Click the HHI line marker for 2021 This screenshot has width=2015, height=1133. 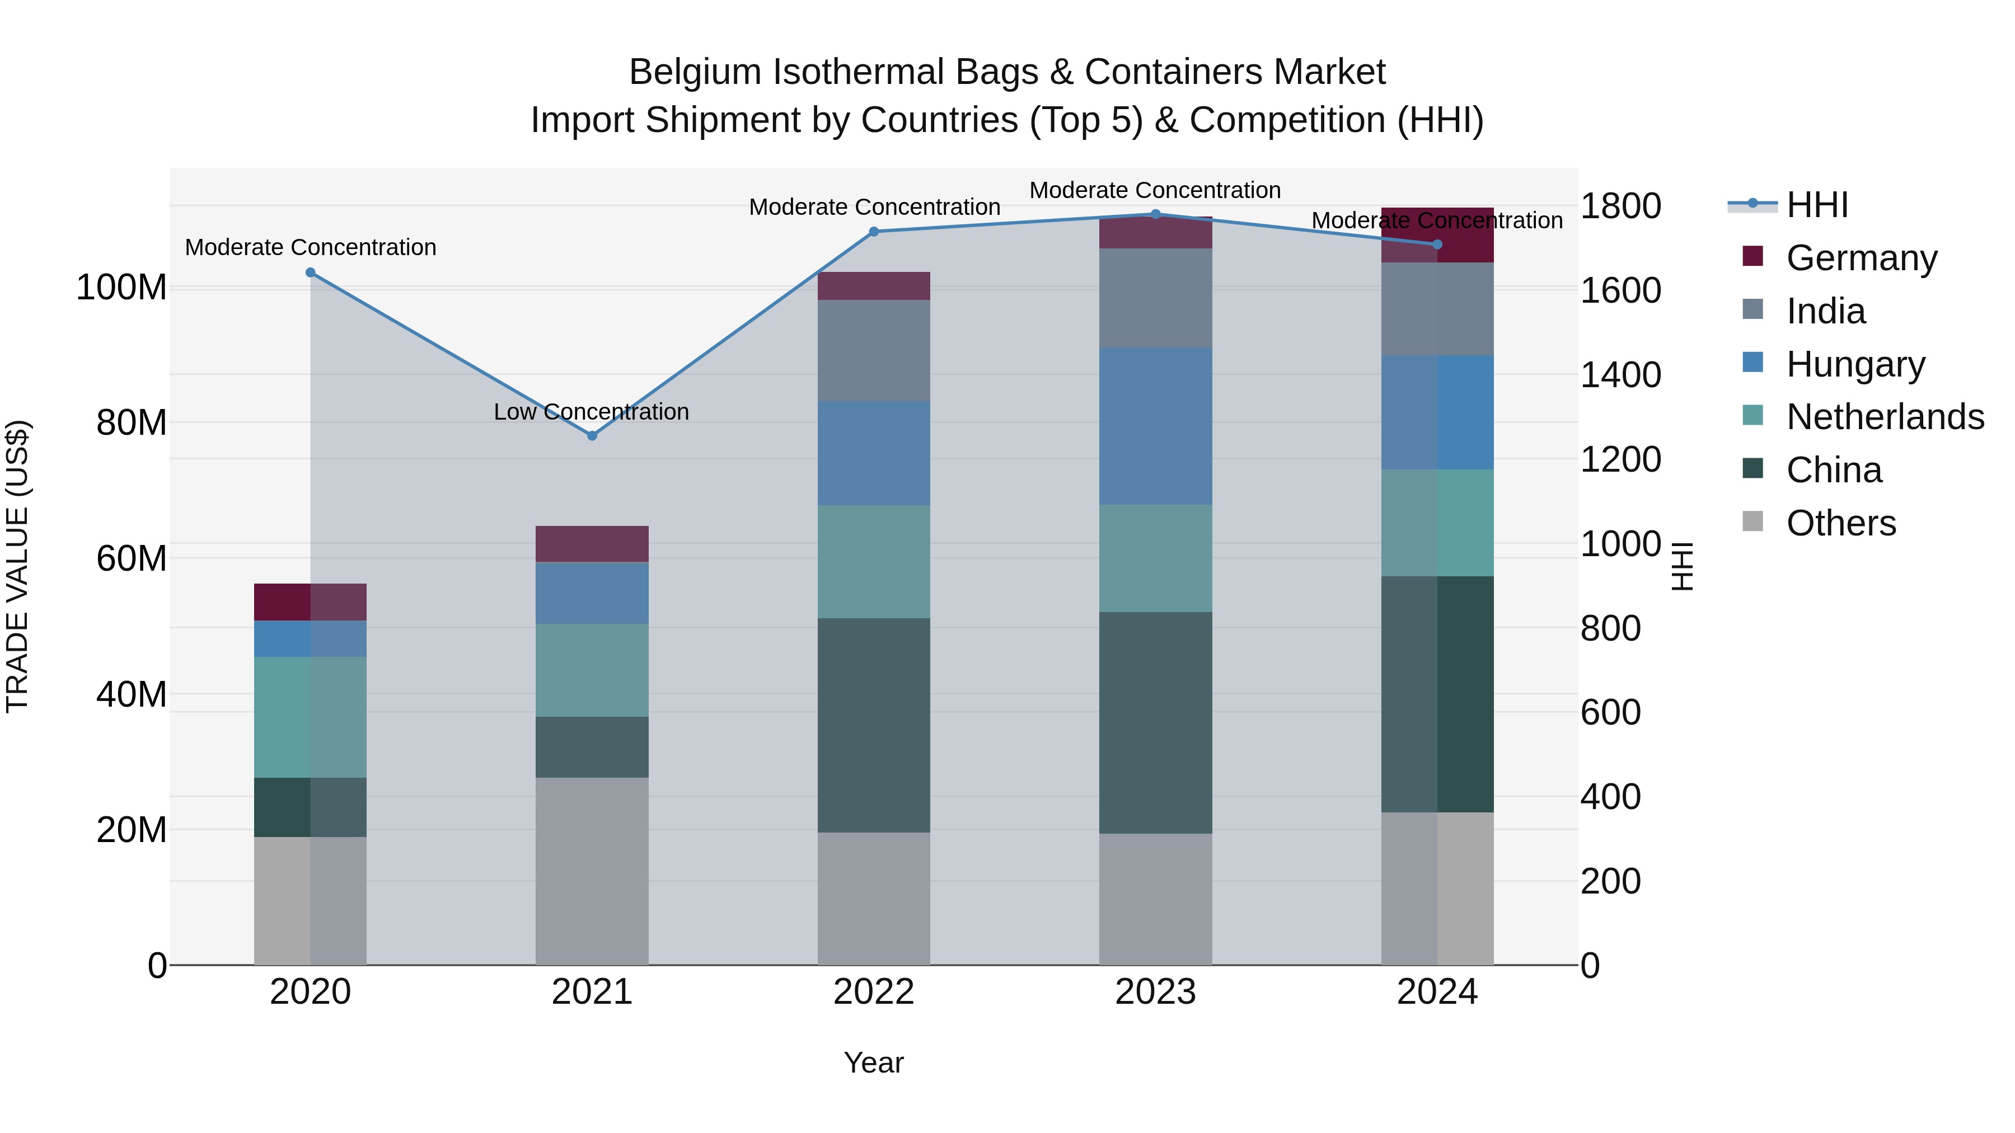pos(592,435)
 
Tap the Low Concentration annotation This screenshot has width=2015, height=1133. pos(592,411)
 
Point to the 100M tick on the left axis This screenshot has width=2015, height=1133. pos(121,288)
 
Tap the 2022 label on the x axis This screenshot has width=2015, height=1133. pos(874,992)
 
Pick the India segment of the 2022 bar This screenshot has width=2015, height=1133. pos(874,350)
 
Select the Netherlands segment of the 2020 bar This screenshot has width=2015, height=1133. pos(311,717)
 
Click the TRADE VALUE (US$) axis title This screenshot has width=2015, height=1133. pos(17,566)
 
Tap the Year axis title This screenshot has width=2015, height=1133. pos(874,1063)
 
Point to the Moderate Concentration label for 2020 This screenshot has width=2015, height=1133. pos(311,247)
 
